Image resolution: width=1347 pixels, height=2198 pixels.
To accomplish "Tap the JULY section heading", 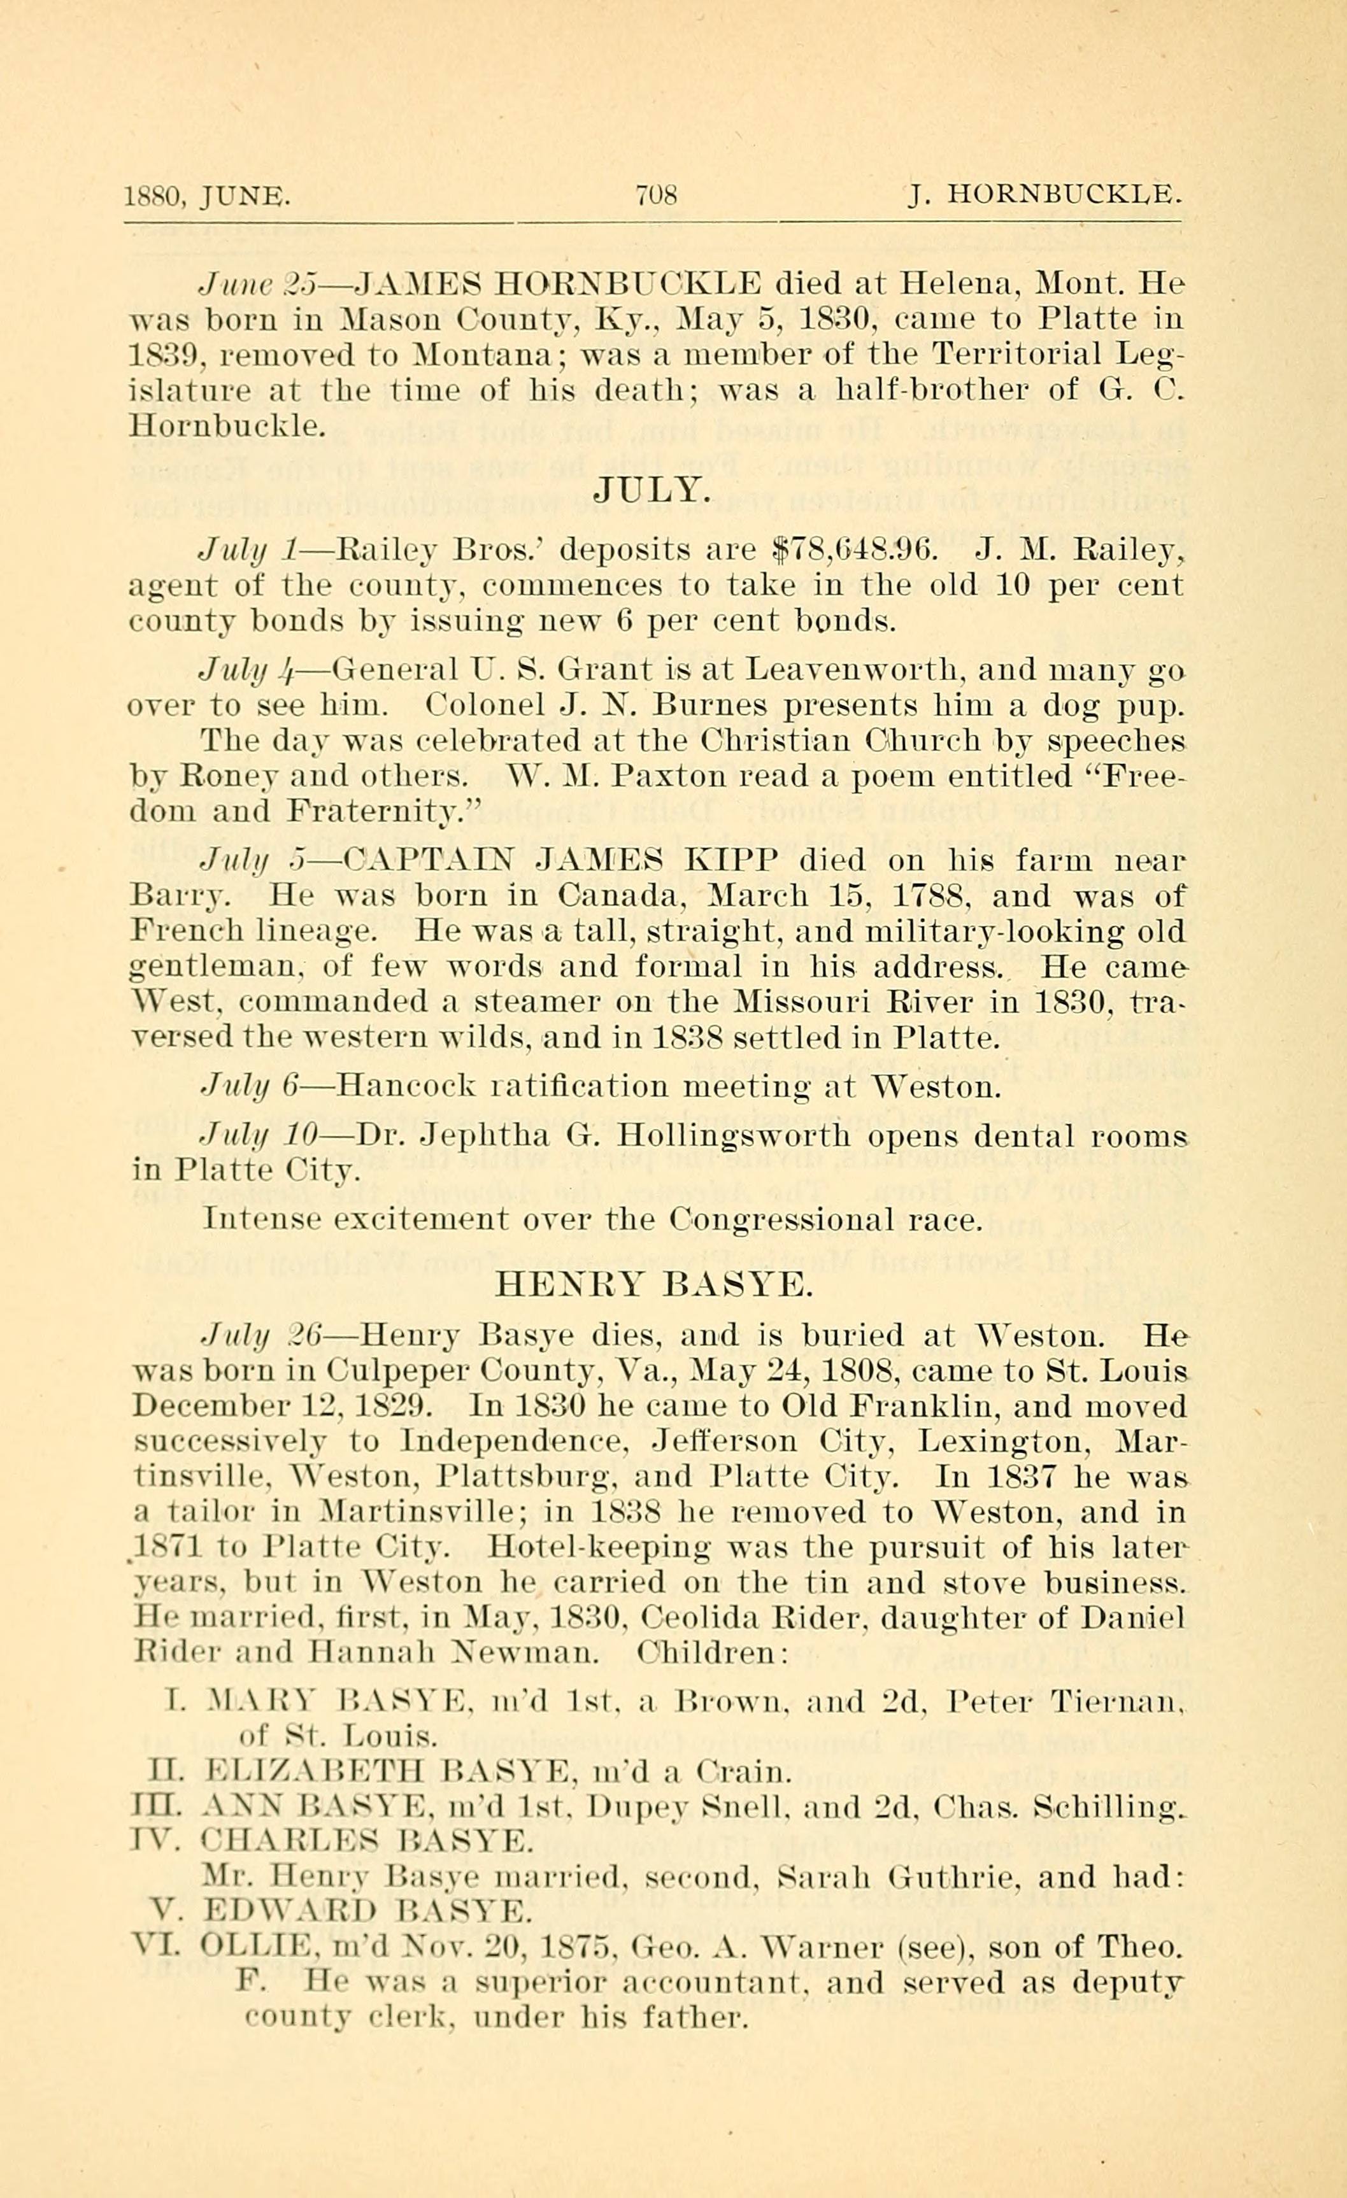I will coord(653,490).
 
